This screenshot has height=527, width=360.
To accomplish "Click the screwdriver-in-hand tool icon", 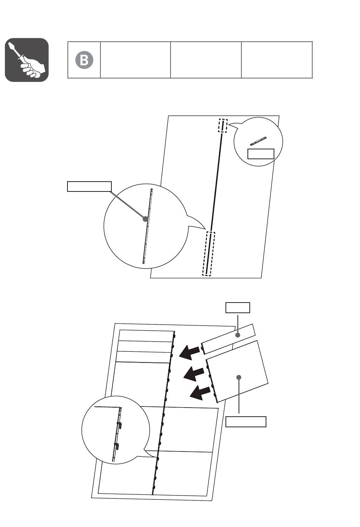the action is coord(27,60).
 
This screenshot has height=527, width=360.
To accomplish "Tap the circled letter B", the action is coord(84,60).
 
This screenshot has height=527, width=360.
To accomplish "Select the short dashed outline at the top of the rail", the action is coord(223,126).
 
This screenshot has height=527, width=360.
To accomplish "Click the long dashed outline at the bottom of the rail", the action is coord(209,254).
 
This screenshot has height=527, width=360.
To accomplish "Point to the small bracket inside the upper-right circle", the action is coord(258,141).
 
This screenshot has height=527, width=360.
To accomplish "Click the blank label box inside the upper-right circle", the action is coord(261,154).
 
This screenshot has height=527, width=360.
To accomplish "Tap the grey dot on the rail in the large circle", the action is coord(146,219).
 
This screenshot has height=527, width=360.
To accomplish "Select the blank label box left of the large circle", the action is coord(89,187).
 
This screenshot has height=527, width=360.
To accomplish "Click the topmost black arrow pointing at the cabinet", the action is coord(189,352).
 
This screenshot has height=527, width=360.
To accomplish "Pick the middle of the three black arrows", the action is coord(194,373).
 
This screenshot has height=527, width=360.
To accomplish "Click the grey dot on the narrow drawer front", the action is coord(238,335).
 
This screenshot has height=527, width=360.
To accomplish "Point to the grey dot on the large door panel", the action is coord(239,377).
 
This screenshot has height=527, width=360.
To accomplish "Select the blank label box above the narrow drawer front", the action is coord(238,308).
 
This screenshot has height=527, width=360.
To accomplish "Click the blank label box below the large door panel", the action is coord(246,422).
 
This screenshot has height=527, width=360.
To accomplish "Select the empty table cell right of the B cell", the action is coord(135,60).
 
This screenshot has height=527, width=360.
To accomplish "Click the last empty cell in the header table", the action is coord(277,60).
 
